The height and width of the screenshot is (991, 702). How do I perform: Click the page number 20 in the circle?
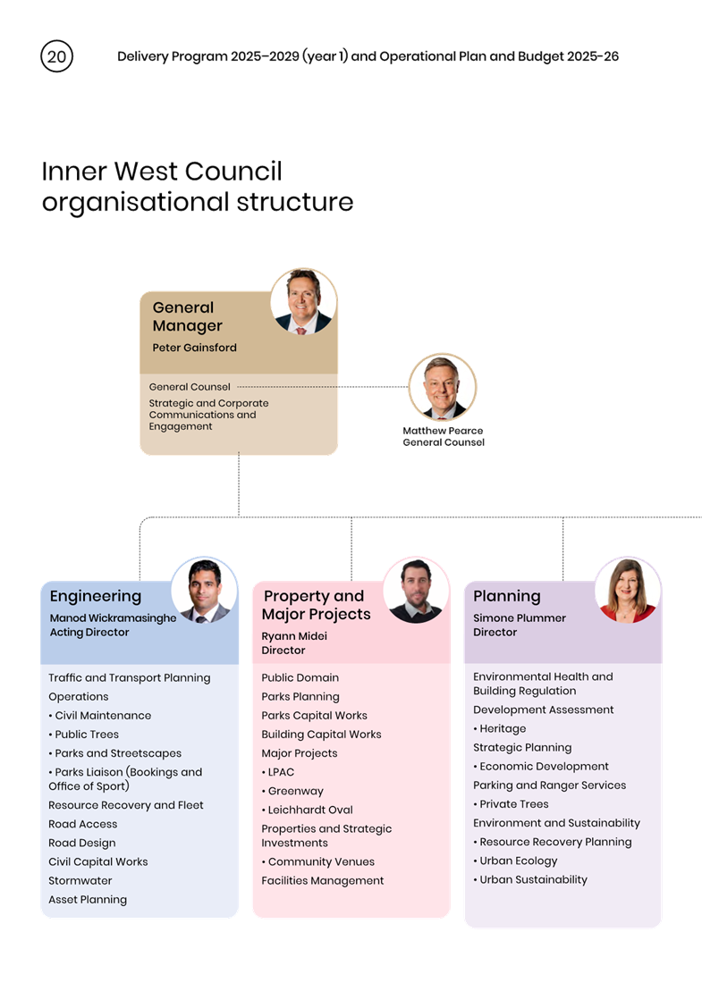[x=57, y=56]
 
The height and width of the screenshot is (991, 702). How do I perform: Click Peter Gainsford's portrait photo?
[x=303, y=301]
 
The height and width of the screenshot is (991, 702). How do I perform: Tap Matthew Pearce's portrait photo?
[x=443, y=387]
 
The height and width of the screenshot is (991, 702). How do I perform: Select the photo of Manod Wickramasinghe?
[x=204, y=591]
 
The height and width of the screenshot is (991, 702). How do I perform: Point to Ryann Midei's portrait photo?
[x=416, y=591]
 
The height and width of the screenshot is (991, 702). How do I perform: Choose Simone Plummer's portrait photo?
[x=628, y=591]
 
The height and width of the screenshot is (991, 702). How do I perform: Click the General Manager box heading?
[x=187, y=316]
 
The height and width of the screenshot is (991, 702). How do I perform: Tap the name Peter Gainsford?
[x=194, y=348]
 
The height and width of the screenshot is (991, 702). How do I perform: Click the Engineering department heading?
[x=96, y=597]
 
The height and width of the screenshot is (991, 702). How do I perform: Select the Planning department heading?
[x=506, y=596]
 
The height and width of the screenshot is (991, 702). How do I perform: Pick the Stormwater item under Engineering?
[x=80, y=880]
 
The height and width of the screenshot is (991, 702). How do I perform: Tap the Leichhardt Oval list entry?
[x=308, y=810]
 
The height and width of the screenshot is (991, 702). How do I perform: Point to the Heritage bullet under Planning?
[x=500, y=728]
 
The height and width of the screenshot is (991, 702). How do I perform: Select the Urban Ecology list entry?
[x=515, y=861]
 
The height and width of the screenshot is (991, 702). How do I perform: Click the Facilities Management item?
[x=323, y=880]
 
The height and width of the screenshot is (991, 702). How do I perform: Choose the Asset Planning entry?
[x=88, y=899]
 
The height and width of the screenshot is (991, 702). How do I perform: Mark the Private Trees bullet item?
[x=511, y=804]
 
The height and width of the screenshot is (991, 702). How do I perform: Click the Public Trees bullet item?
[x=83, y=735]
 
